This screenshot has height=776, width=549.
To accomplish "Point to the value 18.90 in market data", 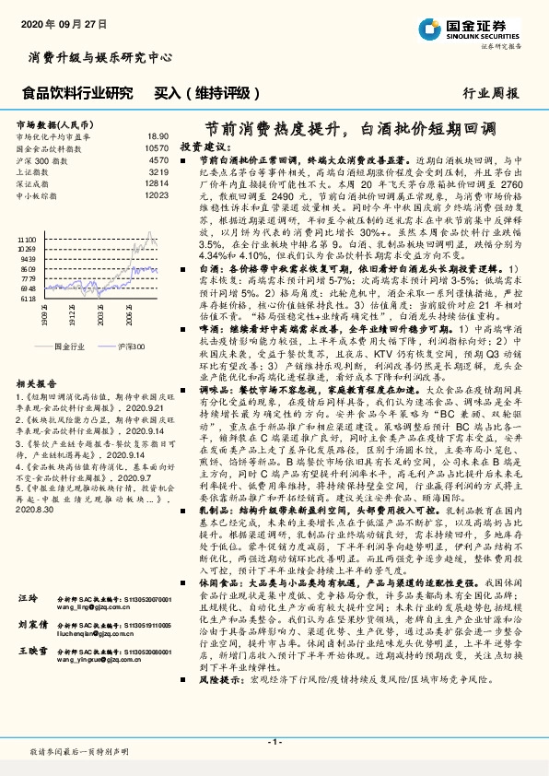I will [x=158, y=135].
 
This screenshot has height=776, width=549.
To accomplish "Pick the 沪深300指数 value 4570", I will [x=158, y=159].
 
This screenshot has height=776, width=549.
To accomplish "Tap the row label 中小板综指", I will [x=35, y=195].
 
